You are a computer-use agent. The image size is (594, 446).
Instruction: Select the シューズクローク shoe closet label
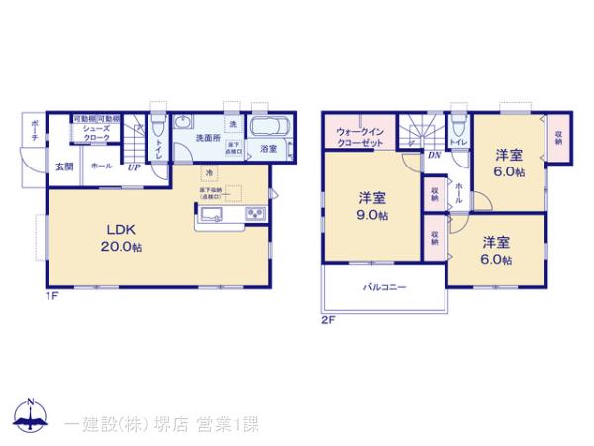pos(96,135)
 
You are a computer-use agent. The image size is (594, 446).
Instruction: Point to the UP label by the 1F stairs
pos(132,167)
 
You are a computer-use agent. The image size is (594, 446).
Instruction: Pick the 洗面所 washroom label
pos(207,138)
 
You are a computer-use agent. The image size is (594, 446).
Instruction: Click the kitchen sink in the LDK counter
pos(219,215)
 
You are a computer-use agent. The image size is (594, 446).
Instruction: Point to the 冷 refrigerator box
pos(209,172)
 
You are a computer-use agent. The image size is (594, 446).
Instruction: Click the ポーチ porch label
pos(34,131)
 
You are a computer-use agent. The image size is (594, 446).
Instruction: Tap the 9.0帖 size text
pos(373,215)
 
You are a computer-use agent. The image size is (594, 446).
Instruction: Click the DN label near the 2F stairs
pos(434,155)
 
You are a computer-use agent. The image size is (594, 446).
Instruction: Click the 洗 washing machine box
pos(233,124)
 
